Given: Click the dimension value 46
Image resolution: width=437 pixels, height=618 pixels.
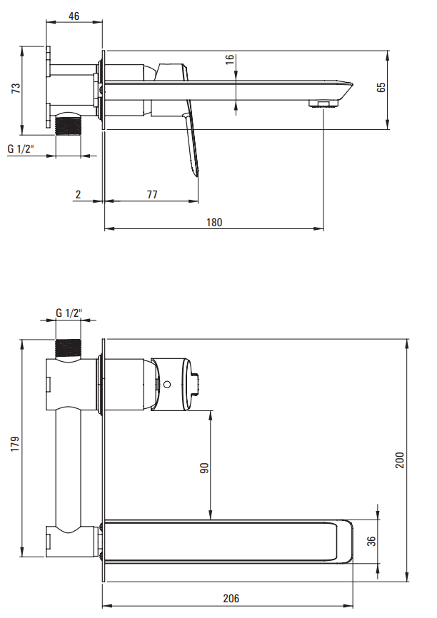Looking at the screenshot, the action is [74, 16].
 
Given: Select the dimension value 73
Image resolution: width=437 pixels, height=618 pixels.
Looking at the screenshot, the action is [16, 88].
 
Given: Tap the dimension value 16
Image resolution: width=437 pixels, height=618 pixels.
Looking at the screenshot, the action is [229, 59].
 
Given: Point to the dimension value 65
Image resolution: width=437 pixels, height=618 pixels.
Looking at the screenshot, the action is [381, 88].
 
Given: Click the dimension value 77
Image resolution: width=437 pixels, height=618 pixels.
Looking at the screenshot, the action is [152, 194].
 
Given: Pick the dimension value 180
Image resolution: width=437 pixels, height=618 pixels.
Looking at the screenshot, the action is [214, 222].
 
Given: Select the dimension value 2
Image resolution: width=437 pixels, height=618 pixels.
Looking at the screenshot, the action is [78, 194].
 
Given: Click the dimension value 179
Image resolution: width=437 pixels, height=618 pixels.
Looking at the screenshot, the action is [15, 444].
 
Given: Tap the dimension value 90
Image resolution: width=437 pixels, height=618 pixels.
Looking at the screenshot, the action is [204, 468].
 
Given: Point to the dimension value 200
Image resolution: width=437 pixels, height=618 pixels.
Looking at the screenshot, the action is [400, 460].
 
